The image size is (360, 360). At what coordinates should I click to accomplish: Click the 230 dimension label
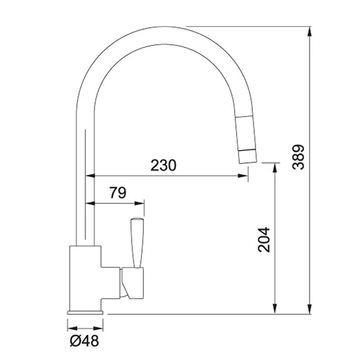point(163,166)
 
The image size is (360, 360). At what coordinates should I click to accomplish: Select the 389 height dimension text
point(298,157)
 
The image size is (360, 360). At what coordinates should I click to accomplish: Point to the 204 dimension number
point(264,239)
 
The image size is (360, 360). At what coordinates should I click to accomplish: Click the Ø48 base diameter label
point(84,341)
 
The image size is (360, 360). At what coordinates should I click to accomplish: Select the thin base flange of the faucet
point(85,311)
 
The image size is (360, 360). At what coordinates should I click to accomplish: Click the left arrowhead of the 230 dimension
point(90,176)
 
